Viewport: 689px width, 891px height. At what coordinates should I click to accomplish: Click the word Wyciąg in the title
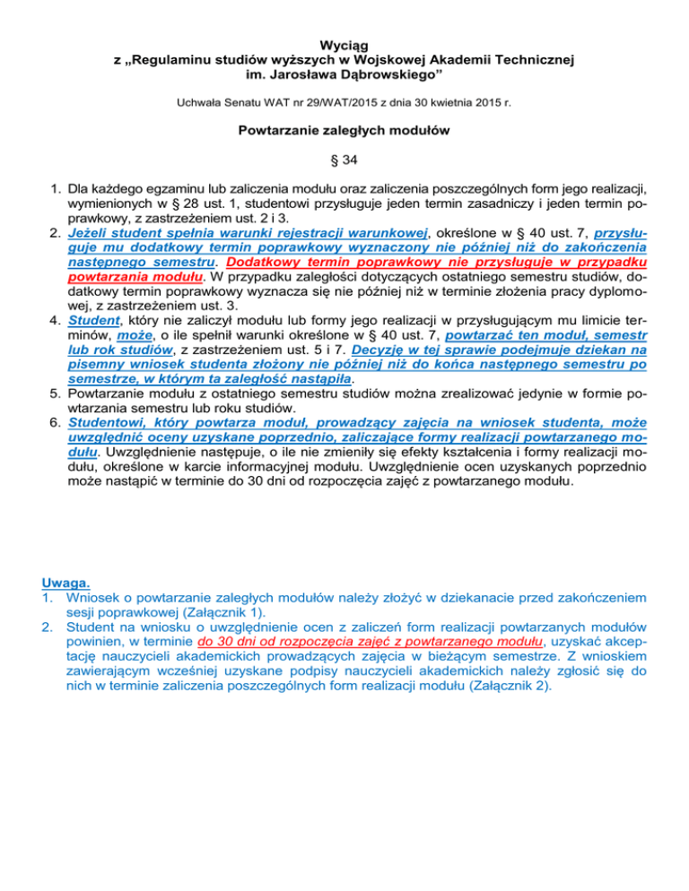[x=344, y=44]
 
